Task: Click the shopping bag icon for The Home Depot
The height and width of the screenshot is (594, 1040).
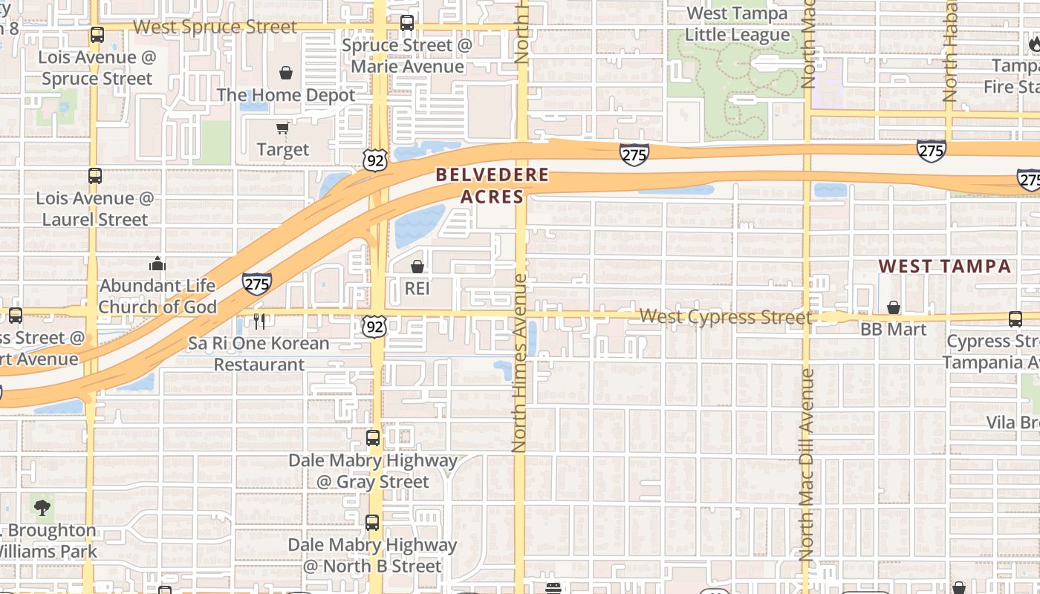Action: tap(286, 73)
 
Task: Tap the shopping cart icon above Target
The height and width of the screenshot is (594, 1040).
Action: tap(282, 128)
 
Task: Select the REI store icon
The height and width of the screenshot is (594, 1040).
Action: tap(417, 267)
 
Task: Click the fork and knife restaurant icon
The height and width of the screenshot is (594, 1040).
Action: tap(259, 322)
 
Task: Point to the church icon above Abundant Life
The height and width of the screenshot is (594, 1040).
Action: tap(157, 264)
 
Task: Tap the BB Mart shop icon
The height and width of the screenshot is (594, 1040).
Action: tap(894, 307)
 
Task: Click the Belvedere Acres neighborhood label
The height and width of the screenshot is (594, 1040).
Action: tap(492, 186)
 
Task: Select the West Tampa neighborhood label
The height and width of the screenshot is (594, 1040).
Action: tap(945, 267)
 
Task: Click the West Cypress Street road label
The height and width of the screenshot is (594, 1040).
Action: tap(725, 317)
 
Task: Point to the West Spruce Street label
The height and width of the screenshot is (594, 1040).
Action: tap(215, 27)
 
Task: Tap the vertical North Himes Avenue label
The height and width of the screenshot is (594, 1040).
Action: tap(519, 364)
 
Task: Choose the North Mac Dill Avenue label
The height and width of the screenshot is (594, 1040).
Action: tap(807, 464)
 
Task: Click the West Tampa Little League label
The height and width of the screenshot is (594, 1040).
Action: tap(737, 24)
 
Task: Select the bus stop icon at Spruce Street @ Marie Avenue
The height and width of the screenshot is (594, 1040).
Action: tap(407, 23)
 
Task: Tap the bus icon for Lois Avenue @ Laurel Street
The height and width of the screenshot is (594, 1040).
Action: tap(95, 176)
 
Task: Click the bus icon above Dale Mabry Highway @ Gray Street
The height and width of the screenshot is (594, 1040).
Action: tap(373, 438)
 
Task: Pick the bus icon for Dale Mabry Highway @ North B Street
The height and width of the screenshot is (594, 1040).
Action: tap(372, 523)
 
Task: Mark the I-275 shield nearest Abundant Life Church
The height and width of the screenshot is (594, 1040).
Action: tap(256, 283)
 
